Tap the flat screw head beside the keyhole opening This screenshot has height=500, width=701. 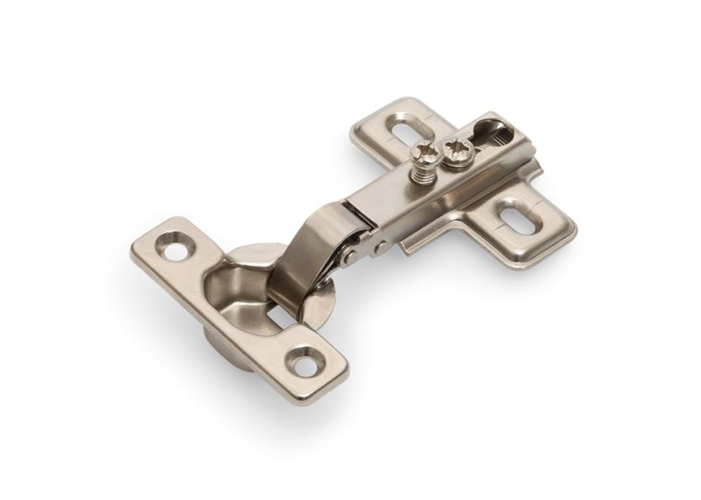459,150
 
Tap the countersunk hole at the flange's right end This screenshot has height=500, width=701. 306,362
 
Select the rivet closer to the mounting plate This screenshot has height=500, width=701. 381,247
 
